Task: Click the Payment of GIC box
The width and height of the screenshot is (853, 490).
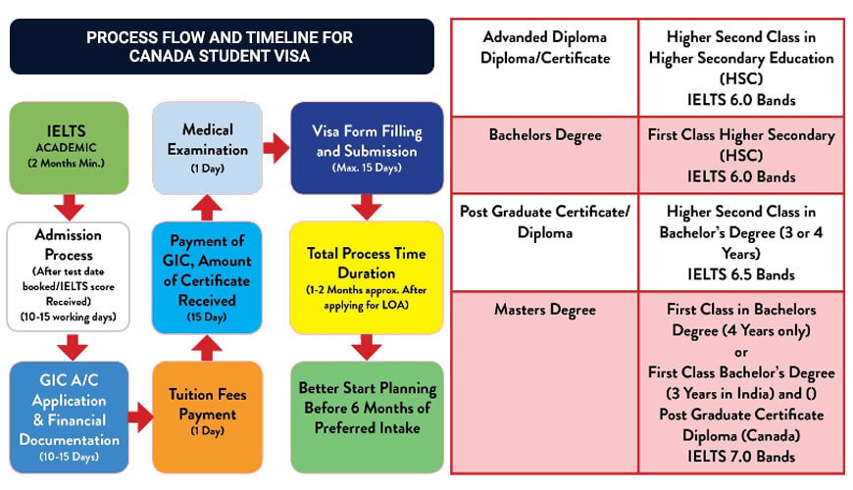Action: [207, 276]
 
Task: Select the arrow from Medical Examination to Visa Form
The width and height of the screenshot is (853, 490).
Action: [276, 149]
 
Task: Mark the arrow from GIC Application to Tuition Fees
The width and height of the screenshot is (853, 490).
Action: [140, 418]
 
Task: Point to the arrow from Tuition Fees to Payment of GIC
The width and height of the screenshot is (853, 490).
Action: [207, 346]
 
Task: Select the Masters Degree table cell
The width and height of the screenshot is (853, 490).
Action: [545, 310]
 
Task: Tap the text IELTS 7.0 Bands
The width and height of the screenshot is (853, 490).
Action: [741, 456]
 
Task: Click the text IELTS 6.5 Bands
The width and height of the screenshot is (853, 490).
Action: [741, 274]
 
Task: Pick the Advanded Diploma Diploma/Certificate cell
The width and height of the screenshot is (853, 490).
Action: [545, 47]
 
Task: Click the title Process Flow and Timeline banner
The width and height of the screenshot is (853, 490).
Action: [221, 46]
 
